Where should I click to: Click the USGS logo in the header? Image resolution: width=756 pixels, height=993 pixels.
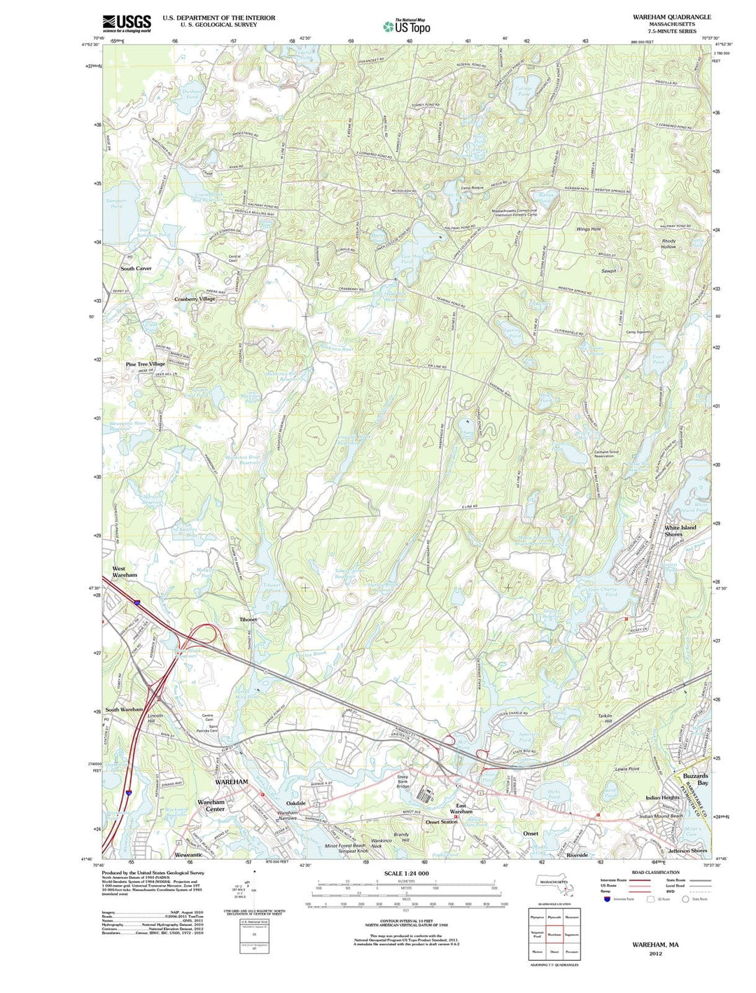[127, 23]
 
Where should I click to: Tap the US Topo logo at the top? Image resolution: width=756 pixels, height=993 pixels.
[407, 27]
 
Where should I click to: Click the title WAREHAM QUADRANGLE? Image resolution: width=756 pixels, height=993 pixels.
[670, 17]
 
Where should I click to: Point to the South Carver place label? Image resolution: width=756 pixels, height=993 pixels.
[136, 268]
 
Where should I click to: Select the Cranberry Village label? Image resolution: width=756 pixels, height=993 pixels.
[195, 299]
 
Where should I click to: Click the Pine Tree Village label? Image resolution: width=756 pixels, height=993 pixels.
[145, 364]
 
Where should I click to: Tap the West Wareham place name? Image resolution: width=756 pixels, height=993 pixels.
[125, 571]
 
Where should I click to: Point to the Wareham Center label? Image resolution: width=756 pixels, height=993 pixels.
[211, 805]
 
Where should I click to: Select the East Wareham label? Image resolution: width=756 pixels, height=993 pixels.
[461, 809]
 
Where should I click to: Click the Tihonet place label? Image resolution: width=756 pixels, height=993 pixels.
[248, 620]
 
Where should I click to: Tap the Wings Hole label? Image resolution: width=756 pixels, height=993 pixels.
[588, 229]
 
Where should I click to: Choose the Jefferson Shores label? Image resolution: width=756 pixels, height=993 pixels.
[687, 850]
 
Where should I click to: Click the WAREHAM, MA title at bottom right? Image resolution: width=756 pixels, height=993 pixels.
[655, 945]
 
